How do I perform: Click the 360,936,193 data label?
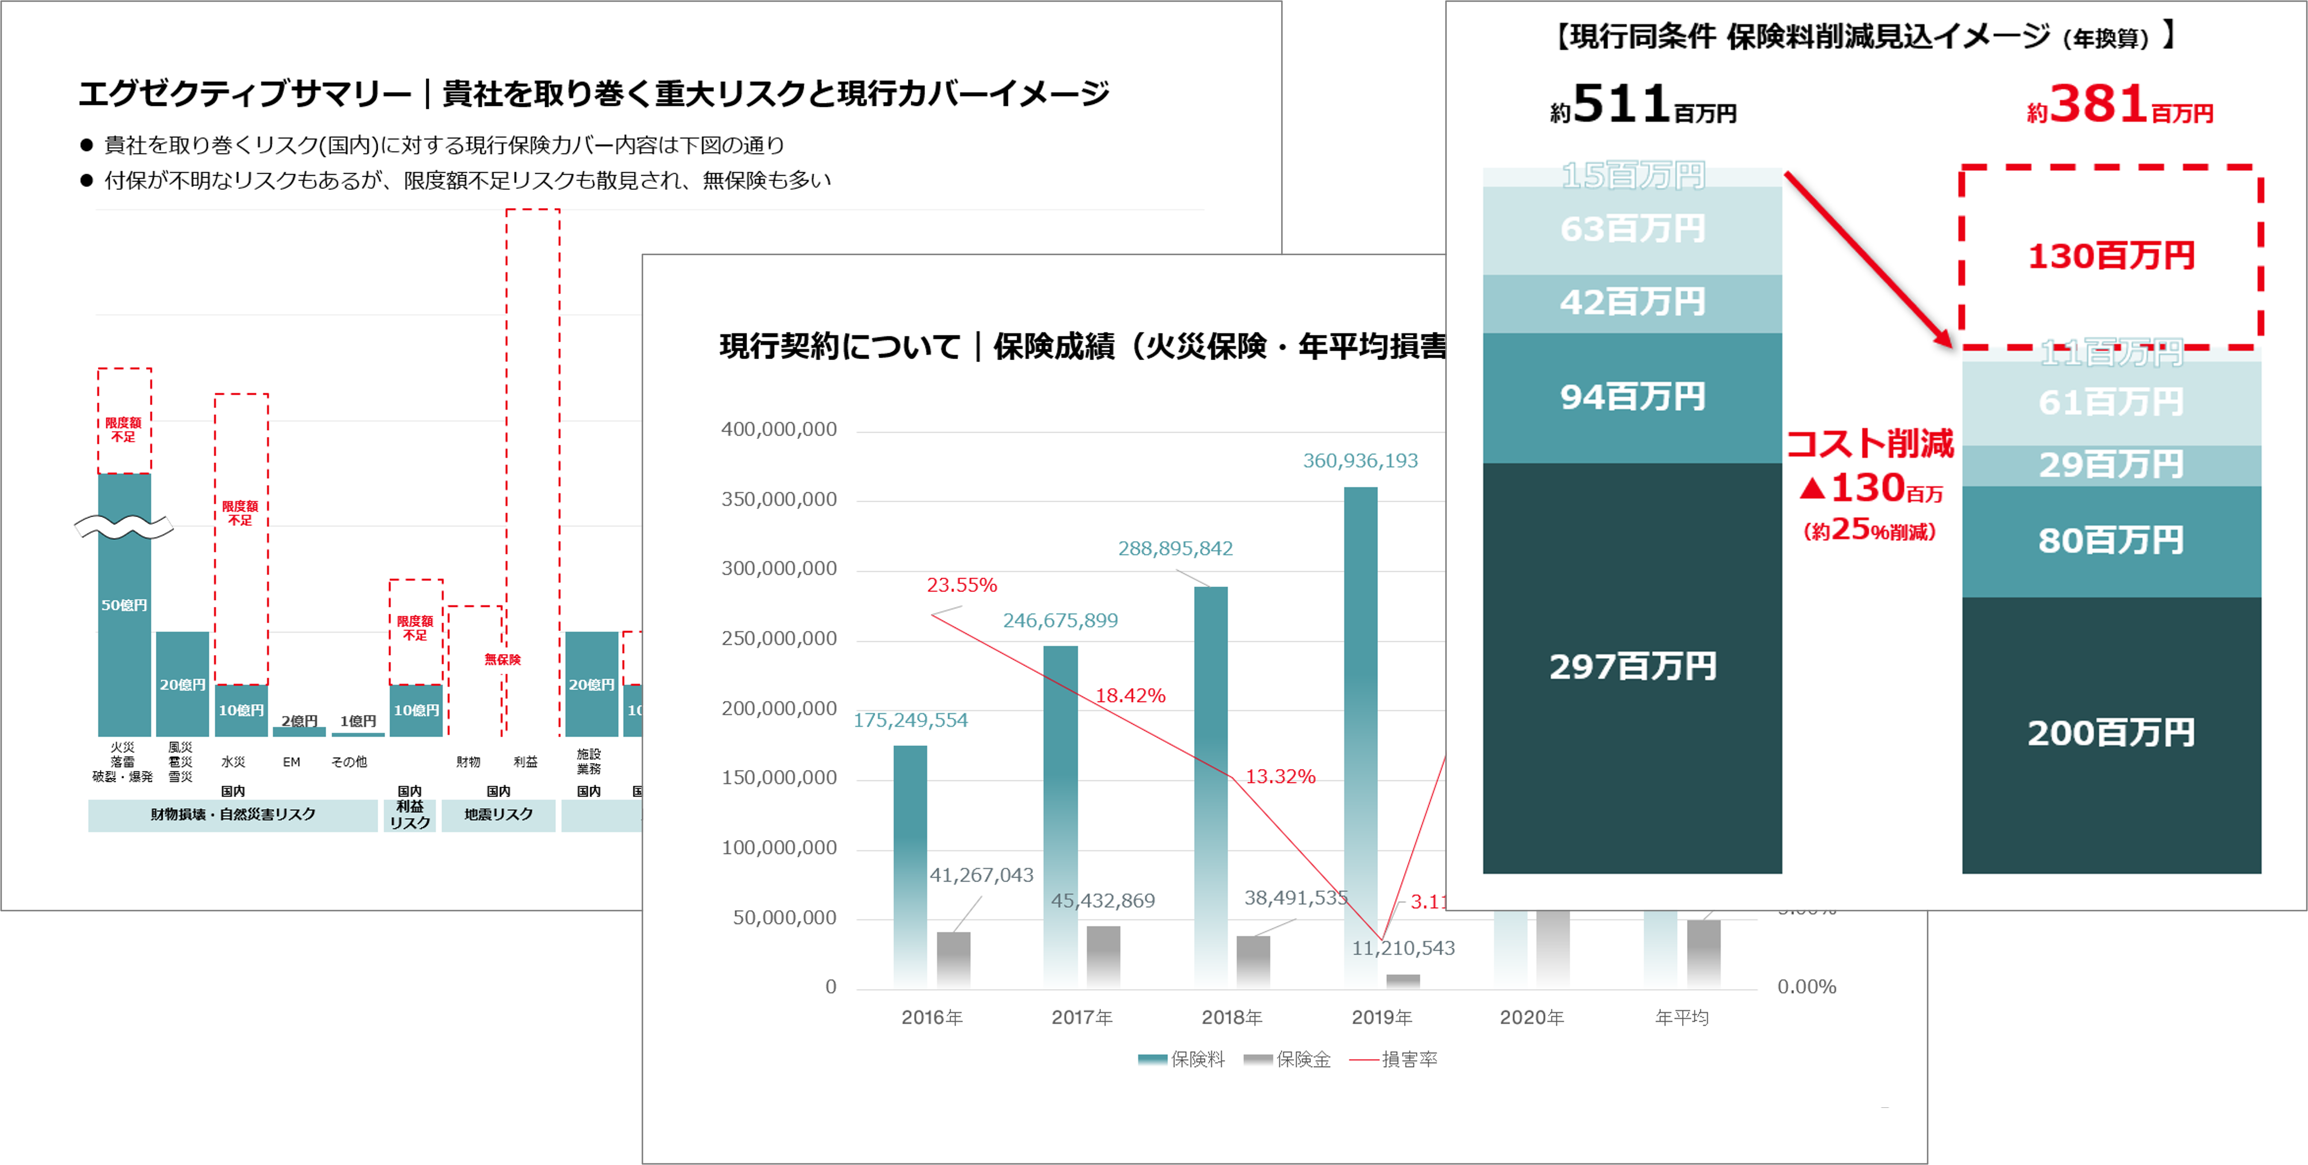pyautogui.click(x=1360, y=461)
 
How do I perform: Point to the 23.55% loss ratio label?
pyautogui.click(x=961, y=585)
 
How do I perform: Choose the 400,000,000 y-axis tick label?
pyautogui.click(x=779, y=429)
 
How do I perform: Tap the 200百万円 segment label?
pyautogui.click(x=2111, y=733)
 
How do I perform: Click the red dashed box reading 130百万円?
pyautogui.click(x=2111, y=256)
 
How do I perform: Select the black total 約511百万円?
pyautogui.click(x=1643, y=106)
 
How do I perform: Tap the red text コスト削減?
pyautogui.click(x=1870, y=443)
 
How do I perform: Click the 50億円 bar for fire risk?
pyautogui.click(x=125, y=605)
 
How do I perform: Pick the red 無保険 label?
pyautogui.click(x=503, y=659)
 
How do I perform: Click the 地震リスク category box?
pyautogui.click(x=498, y=814)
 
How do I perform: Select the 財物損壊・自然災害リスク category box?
pyautogui.click(x=233, y=814)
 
